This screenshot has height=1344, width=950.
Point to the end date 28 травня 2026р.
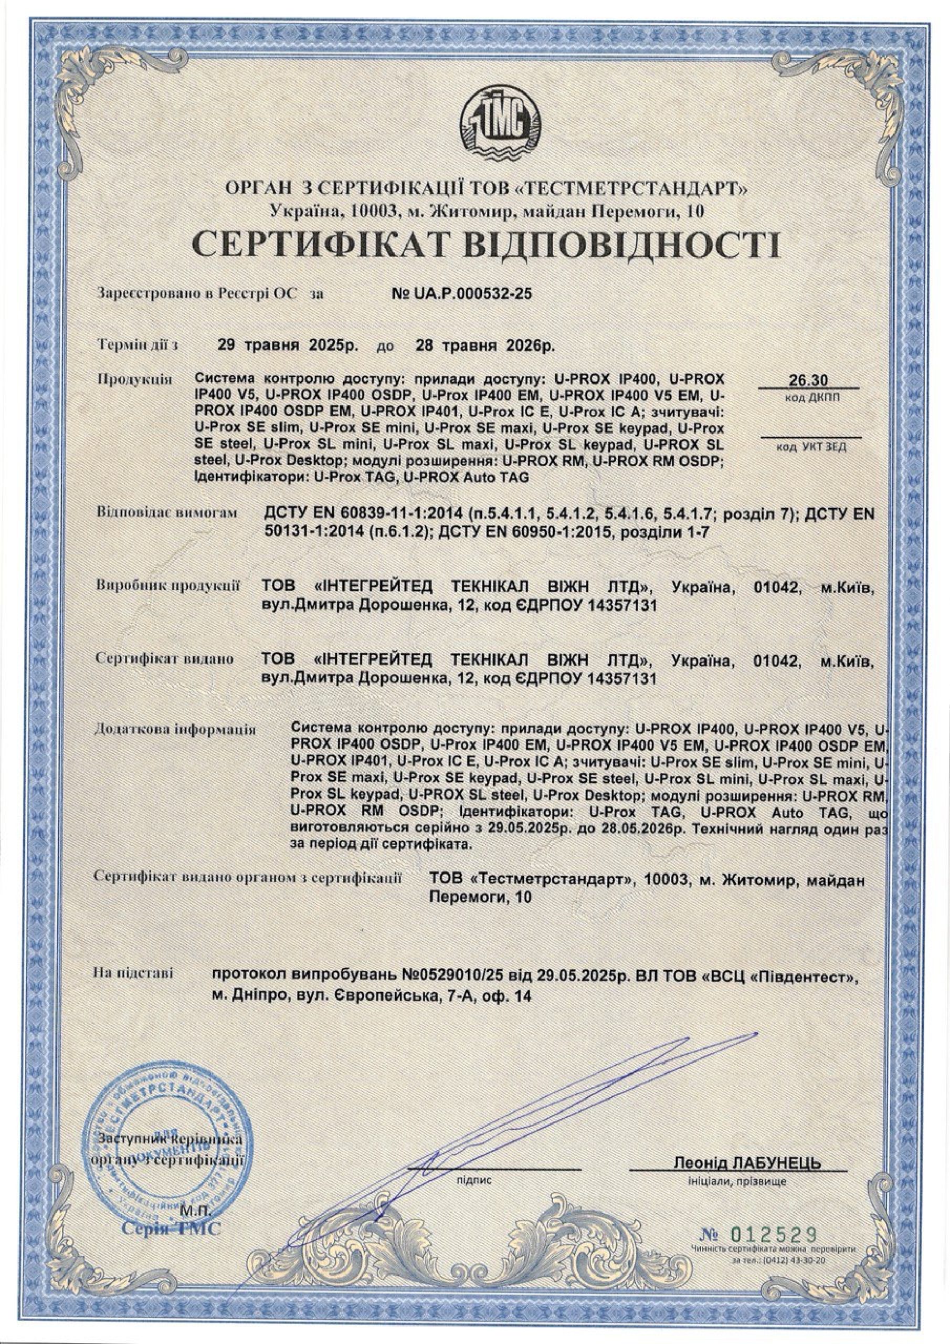[484, 345]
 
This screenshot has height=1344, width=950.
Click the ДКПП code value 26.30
[808, 381]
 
